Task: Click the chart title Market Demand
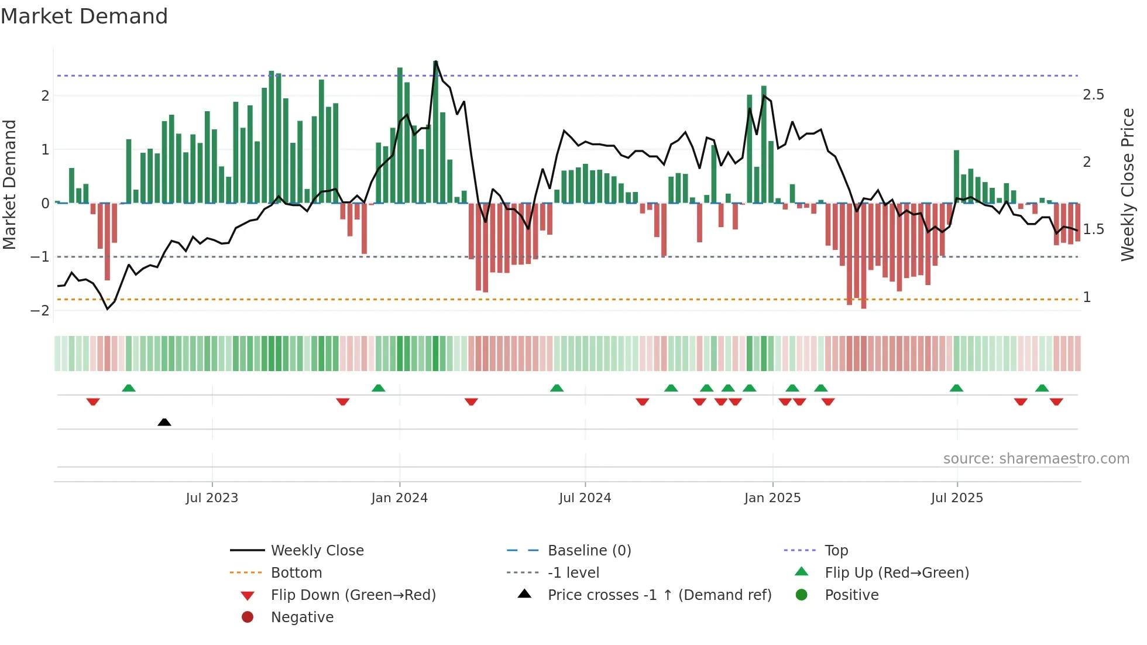tap(84, 16)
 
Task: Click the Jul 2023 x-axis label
tap(212, 498)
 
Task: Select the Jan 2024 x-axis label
tap(400, 498)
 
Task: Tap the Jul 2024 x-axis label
tap(585, 498)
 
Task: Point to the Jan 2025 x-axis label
tap(772, 498)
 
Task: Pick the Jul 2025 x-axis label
tap(957, 498)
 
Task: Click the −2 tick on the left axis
tap(40, 311)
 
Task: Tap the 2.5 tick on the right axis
tap(1093, 95)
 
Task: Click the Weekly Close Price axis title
tap(1127, 184)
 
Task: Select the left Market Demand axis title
tap(9, 184)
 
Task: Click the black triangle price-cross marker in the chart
tap(164, 422)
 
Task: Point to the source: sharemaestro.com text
tap(1036, 459)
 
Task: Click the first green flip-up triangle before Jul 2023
tap(129, 388)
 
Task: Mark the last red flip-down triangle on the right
tap(1056, 402)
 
